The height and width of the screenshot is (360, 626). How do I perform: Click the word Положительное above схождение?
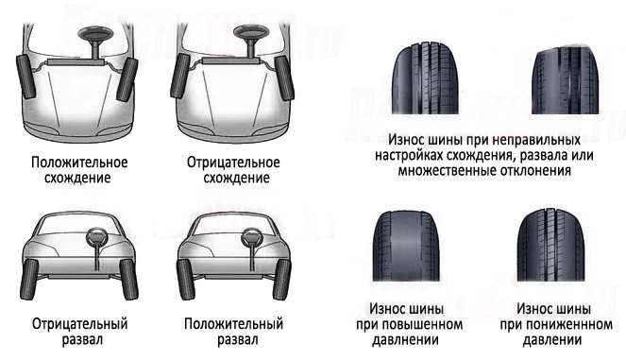[78, 162]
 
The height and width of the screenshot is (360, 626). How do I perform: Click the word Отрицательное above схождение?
[232, 162]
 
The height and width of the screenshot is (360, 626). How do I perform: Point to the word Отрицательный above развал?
[78, 323]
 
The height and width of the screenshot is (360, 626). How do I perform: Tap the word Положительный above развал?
[232, 323]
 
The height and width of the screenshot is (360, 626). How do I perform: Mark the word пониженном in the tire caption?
[560, 324]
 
